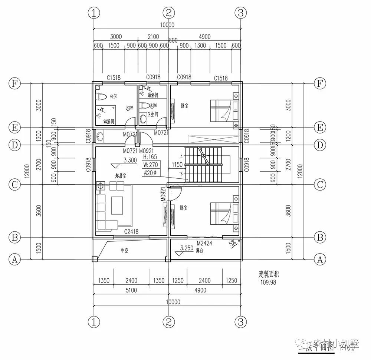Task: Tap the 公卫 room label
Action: tap(113, 96)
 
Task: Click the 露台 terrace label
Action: tap(200, 251)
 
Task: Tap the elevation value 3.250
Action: tap(187, 248)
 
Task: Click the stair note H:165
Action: tap(149, 157)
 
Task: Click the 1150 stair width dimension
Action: tap(178, 164)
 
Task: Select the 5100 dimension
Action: tap(131, 290)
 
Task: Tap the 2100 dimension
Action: tap(153, 36)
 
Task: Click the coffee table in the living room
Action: tap(117, 205)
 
